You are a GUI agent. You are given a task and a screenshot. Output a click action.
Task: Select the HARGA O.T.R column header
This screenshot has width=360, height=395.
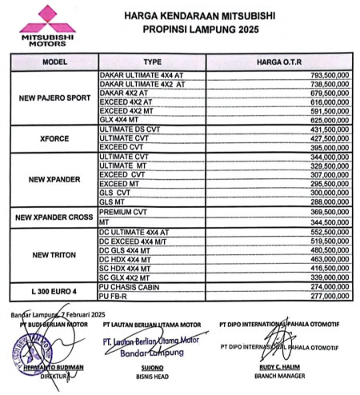coord(279,62)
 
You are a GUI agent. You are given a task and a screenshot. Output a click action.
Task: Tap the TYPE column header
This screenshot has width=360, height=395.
coord(152,62)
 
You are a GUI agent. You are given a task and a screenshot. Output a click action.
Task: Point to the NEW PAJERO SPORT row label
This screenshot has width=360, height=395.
coord(54,98)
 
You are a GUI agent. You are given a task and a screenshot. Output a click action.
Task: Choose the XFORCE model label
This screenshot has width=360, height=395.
coord(54,138)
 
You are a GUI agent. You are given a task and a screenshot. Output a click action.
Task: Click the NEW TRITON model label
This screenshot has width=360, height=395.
coord(54,255)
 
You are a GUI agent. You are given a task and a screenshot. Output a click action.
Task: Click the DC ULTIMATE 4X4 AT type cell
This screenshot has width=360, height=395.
coord(135,230)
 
